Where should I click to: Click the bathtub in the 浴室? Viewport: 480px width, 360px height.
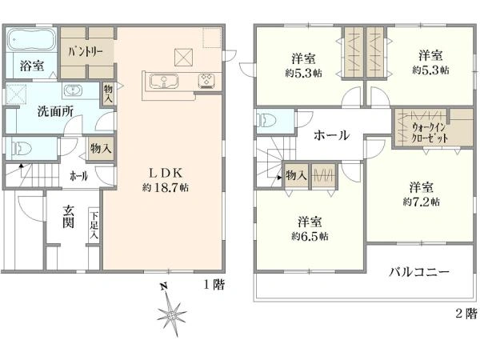[x=30, y=39]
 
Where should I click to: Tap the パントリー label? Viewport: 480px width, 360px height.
[x=86, y=52]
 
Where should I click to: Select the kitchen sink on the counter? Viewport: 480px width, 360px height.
[x=164, y=82]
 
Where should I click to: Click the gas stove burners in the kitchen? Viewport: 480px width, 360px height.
[x=206, y=81]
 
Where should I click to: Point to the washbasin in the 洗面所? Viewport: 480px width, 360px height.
[x=73, y=90]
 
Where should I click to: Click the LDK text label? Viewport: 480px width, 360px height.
[x=166, y=174]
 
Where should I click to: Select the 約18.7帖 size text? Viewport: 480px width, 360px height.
[x=165, y=187]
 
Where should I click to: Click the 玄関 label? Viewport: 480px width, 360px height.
[x=68, y=217]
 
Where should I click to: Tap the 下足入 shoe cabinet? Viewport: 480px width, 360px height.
[x=94, y=226]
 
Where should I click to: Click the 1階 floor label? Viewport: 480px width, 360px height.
[x=214, y=285]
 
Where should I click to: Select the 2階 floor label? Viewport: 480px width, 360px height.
[x=466, y=313]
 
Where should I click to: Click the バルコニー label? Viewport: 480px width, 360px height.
[x=419, y=272]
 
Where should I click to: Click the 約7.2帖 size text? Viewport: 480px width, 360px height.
[x=422, y=202]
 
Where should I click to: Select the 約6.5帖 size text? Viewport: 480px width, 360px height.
[x=310, y=236]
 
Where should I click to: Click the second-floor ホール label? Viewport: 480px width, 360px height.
[x=331, y=135]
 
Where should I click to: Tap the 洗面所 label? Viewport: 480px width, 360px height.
[x=55, y=112]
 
